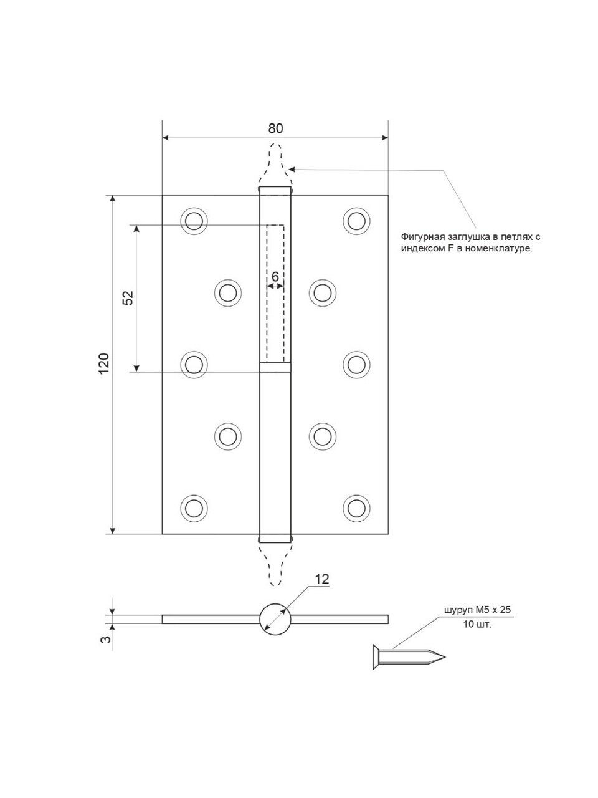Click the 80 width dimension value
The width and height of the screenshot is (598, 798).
pos(275,128)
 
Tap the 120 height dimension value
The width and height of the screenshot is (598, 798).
pos(104,363)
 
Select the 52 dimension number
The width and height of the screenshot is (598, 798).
pos(128,298)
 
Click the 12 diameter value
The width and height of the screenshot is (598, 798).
pos(321,579)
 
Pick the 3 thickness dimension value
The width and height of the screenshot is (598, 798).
pos(106,639)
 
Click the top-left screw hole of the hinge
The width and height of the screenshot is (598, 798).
pos(194,221)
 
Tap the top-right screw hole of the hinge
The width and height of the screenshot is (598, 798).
pos(356,221)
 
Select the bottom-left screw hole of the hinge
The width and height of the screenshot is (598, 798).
pos(194,506)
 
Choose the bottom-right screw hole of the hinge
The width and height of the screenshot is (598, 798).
pos(356,506)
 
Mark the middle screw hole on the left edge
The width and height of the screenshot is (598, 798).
pos(194,363)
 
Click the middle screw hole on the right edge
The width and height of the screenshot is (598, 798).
pos(356,363)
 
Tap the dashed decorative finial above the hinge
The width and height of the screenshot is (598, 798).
pos(275,163)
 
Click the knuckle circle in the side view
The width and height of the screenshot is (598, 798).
pos(275,618)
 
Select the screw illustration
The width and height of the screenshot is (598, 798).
pos(405,657)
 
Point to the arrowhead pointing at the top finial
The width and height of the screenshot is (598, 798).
pos(293,168)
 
